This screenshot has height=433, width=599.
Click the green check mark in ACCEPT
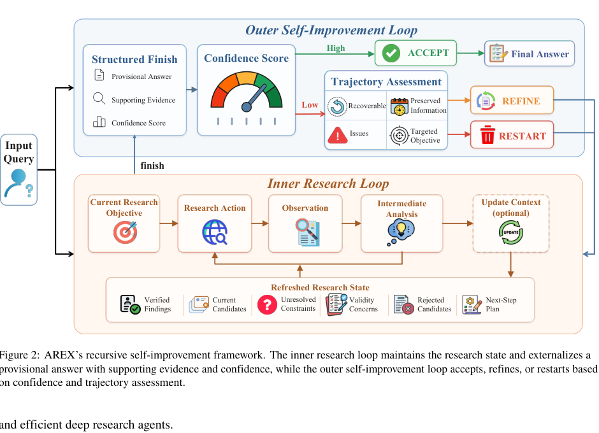391,53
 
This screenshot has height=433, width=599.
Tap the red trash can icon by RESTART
487,135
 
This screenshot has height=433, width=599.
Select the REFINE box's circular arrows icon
486,101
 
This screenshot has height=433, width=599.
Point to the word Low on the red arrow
310,105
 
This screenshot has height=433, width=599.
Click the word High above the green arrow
336,48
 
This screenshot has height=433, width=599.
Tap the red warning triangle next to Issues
337,135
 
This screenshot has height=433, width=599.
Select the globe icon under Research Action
215,232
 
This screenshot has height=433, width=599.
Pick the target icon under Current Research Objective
126,232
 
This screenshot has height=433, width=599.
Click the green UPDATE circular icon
511,232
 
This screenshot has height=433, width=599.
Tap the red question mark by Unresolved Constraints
267,305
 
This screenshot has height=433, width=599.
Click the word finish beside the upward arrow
152,166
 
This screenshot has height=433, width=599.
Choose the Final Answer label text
540,54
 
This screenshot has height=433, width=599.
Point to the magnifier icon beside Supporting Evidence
99,99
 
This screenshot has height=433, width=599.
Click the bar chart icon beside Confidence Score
99,122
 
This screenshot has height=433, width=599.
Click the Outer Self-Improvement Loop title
331,30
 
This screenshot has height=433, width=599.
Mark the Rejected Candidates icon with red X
403,304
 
